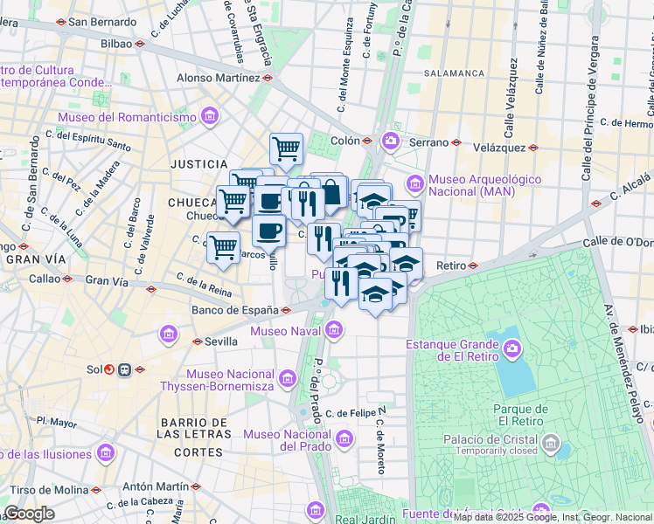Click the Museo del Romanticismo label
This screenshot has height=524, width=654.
(x=127, y=117)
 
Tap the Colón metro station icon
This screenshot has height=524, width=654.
(x=368, y=140)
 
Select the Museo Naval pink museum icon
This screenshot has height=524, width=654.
(x=333, y=330)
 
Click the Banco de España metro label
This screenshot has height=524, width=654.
(x=233, y=309)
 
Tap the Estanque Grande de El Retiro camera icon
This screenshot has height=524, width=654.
(x=511, y=351)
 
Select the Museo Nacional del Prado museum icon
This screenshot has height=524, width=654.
(x=345, y=438)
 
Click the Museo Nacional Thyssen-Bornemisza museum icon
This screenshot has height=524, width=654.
(x=289, y=376)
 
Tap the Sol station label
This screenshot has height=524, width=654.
(x=94, y=369)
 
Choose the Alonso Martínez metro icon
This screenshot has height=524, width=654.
(x=268, y=77)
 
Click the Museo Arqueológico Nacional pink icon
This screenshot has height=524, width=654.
(x=414, y=183)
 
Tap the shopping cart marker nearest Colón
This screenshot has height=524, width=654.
(x=286, y=150)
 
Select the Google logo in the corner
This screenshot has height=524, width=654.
(x=30, y=514)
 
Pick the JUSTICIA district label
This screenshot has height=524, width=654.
(x=198, y=163)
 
